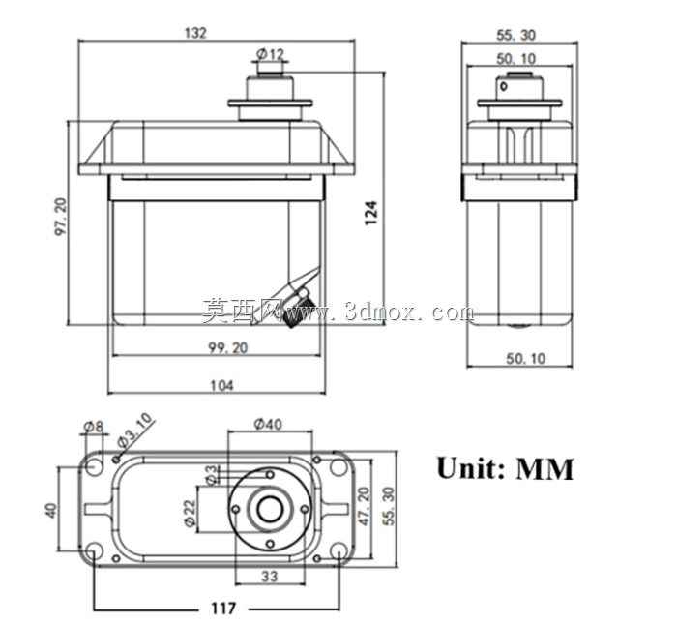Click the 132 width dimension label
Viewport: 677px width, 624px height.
pyautogui.click(x=195, y=33)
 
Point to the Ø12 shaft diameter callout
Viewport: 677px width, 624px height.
pyautogui.click(x=271, y=54)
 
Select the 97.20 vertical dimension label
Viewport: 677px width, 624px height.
pyautogui.click(x=61, y=217)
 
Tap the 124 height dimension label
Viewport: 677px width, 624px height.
pyautogui.click(x=371, y=213)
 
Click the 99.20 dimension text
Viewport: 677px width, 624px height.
pyautogui.click(x=228, y=347)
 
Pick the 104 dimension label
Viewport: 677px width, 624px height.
pyautogui.click(x=221, y=385)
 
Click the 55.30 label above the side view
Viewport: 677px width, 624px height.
pyautogui.click(x=515, y=35)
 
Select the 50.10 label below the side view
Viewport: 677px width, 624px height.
pyautogui.click(x=525, y=358)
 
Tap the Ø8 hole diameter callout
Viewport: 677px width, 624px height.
pyautogui.click(x=93, y=427)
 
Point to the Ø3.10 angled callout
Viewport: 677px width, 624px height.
pyautogui.click(x=135, y=431)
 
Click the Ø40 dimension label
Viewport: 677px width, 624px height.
pyautogui.click(x=268, y=424)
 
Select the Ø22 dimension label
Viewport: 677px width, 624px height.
pyautogui.click(x=190, y=513)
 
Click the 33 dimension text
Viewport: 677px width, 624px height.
pyautogui.click(x=270, y=576)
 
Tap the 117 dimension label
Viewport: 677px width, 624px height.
pyautogui.click(x=223, y=608)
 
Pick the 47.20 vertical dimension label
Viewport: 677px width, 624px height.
pyautogui.click(x=365, y=506)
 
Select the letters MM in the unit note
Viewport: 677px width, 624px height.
pyautogui.click(x=545, y=469)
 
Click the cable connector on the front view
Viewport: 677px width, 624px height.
pyautogui.click(x=298, y=307)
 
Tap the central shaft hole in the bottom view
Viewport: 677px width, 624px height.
pyautogui.click(x=270, y=510)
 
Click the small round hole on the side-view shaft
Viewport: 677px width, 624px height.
pyautogui.click(x=504, y=86)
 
